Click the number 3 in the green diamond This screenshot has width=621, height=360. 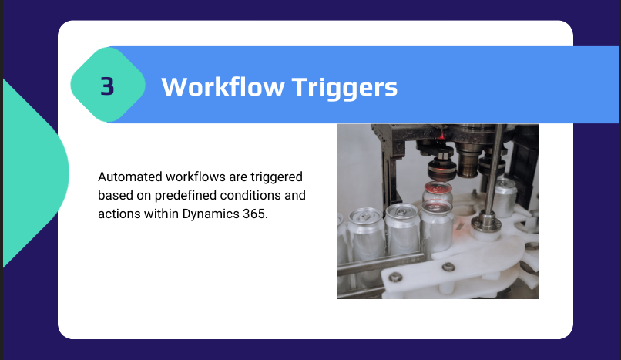pyautogui.click(x=107, y=86)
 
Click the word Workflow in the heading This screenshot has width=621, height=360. pyautogui.click(x=223, y=86)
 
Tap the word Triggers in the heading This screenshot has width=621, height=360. pyautogui.click(x=344, y=87)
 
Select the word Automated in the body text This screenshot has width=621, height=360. pyautogui.click(x=130, y=177)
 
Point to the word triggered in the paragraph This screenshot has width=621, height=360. pyautogui.click(x=277, y=177)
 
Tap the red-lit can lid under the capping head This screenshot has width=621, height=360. pyautogui.click(x=438, y=187)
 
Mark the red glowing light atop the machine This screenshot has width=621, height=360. pyautogui.click(x=441, y=136)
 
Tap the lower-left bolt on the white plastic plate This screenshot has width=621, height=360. pyautogui.click(x=395, y=277)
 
